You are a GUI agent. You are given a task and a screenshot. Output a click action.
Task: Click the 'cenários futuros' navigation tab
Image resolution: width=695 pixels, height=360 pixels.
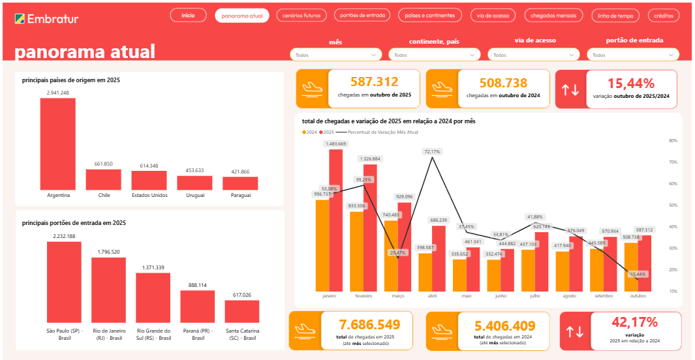[301, 15]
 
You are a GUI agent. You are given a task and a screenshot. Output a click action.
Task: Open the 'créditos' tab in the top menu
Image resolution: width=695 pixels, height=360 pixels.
[663, 15]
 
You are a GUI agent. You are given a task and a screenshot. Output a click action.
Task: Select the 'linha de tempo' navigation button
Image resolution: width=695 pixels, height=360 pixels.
[615, 15]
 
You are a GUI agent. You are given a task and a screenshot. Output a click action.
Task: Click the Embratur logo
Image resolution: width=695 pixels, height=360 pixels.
[46, 18]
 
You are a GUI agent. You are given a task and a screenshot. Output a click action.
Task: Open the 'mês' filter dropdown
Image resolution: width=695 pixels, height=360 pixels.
[335, 55]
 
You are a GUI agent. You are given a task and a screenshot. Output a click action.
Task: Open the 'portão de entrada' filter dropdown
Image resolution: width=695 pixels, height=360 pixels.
[632, 55]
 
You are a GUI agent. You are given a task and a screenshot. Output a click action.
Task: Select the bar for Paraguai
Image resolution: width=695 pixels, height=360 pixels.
[240, 183]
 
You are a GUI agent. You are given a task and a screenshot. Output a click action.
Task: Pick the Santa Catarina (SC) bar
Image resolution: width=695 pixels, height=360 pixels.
[241, 310]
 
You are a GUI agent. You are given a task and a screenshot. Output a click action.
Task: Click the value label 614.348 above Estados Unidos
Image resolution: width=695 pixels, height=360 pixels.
[149, 166]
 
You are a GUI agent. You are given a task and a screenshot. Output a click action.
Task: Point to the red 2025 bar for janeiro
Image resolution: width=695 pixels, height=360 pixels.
[336, 220]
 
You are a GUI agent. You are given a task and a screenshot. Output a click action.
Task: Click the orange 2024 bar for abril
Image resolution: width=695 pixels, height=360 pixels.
[425, 271]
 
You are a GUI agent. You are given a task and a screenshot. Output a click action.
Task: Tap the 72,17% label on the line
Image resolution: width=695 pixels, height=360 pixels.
[433, 151]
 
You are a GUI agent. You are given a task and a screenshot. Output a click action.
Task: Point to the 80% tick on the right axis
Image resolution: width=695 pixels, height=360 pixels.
[673, 140]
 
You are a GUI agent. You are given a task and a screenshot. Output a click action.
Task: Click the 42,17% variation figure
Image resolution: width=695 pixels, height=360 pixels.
[634, 322]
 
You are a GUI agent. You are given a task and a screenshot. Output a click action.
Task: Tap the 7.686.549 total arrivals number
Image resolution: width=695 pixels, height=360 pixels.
[369, 325]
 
